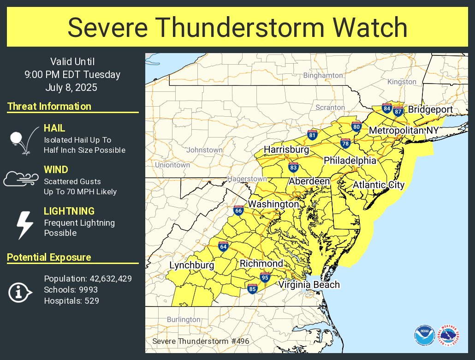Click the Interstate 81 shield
[x=312, y=135]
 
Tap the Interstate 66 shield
[x=238, y=210]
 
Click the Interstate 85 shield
[x=252, y=289]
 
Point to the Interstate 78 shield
[x=345, y=144]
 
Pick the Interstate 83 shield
[x=293, y=168]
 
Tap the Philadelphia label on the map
[x=350, y=161]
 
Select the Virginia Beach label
[x=309, y=285]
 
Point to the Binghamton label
[x=323, y=75]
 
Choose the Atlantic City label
[x=379, y=185]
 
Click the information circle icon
[x=20, y=292]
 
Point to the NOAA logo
[x=424, y=336]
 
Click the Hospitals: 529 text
[x=71, y=301]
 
